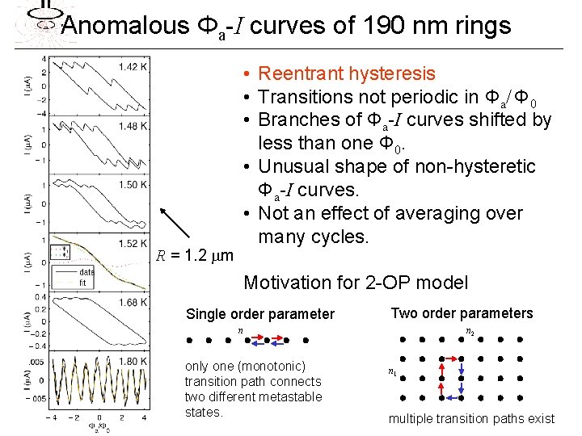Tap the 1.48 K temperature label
pyautogui.click(x=132, y=126)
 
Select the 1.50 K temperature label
pyautogui.click(x=132, y=185)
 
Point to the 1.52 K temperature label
pyautogui.click(x=132, y=243)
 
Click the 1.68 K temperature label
pyautogui.click(x=132, y=302)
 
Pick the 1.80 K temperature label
pyautogui.click(x=132, y=361)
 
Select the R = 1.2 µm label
pyautogui.click(x=195, y=257)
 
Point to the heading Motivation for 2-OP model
pyautogui.click(x=356, y=283)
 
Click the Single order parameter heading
pyautogui.click(x=259, y=314)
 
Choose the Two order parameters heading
pyautogui.click(x=462, y=313)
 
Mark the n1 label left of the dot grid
pyautogui.click(x=392, y=372)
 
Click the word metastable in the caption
pyautogui.click(x=294, y=397)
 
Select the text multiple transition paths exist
pyautogui.click(x=471, y=418)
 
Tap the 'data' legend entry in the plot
pyautogui.click(x=86, y=271)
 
